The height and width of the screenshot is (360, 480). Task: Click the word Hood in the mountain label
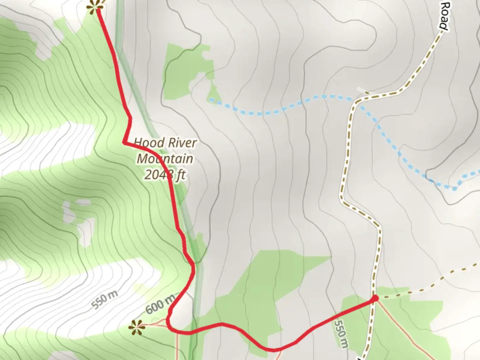(147, 143)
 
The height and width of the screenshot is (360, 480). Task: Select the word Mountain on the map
(165, 159)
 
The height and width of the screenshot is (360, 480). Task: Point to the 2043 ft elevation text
(165, 174)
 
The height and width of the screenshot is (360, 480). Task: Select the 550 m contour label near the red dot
(341, 334)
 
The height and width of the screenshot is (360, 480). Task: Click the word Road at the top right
(444, 16)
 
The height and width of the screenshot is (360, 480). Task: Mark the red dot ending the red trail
(375, 298)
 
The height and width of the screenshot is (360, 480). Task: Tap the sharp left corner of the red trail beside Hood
(124, 142)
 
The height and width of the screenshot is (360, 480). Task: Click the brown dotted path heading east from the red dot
(427, 285)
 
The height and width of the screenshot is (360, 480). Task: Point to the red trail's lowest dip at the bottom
(273, 350)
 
